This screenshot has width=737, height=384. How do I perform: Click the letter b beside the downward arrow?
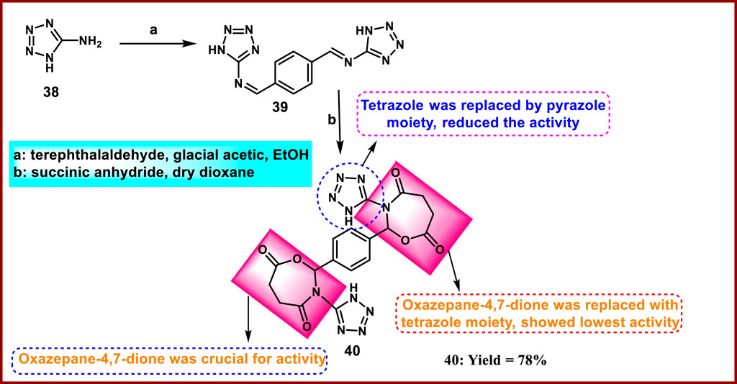point(333,119)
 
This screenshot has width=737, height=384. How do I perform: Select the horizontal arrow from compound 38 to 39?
point(159,45)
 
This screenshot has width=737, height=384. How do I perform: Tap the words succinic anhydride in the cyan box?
point(84,173)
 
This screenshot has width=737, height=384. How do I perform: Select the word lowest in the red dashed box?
point(555,323)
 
